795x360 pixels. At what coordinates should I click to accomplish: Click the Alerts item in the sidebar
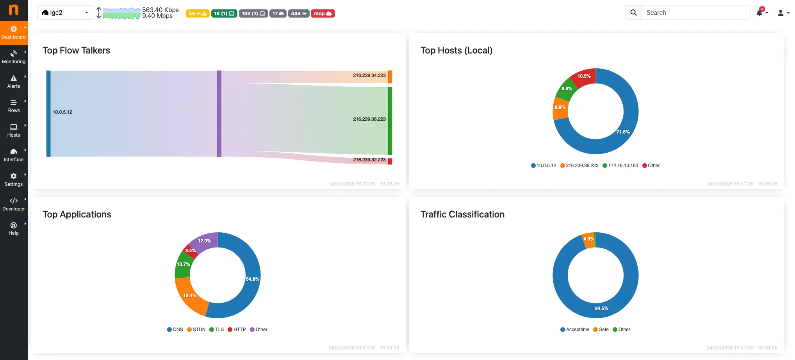tap(14, 82)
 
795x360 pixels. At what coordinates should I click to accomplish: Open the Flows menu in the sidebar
tap(14, 106)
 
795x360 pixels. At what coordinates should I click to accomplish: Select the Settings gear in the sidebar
tap(14, 180)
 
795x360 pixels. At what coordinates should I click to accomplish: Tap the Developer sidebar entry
tap(14, 204)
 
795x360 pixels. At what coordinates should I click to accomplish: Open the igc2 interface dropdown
tap(65, 13)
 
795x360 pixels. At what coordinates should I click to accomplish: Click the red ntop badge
tap(323, 14)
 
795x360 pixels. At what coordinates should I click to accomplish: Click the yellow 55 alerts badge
tap(198, 14)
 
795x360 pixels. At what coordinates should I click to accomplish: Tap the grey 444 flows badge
tap(299, 14)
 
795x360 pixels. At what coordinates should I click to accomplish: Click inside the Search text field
tap(695, 13)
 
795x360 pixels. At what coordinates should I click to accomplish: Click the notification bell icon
tap(759, 13)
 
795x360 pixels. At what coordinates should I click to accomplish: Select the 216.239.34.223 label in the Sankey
tap(369, 75)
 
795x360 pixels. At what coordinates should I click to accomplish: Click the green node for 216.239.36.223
tap(390, 121)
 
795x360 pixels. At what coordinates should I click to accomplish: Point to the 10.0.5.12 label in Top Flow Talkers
tap(62, 112)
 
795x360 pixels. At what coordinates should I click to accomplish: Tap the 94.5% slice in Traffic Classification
tap(601, 308)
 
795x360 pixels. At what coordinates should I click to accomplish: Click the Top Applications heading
tap(77, 214)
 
